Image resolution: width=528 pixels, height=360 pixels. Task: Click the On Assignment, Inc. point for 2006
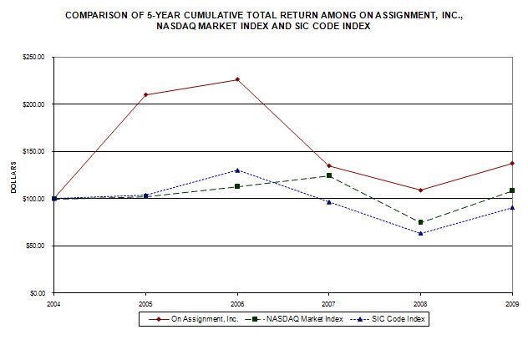point(237,79)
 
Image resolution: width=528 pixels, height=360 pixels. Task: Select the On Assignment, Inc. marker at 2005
point(146,94)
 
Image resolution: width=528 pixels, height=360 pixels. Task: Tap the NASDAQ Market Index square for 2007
point(329,175)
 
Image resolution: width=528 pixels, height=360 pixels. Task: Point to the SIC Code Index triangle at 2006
point(237,170)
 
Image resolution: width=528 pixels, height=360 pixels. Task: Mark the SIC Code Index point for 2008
point(421,233)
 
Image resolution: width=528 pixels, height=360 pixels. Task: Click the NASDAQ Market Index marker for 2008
point(421,222)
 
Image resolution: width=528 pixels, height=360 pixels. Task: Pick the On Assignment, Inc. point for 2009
point(512,163)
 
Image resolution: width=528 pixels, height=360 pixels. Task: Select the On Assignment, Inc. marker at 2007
point(329,165)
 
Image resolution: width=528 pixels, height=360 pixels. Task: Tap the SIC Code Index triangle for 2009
point(512,207)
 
